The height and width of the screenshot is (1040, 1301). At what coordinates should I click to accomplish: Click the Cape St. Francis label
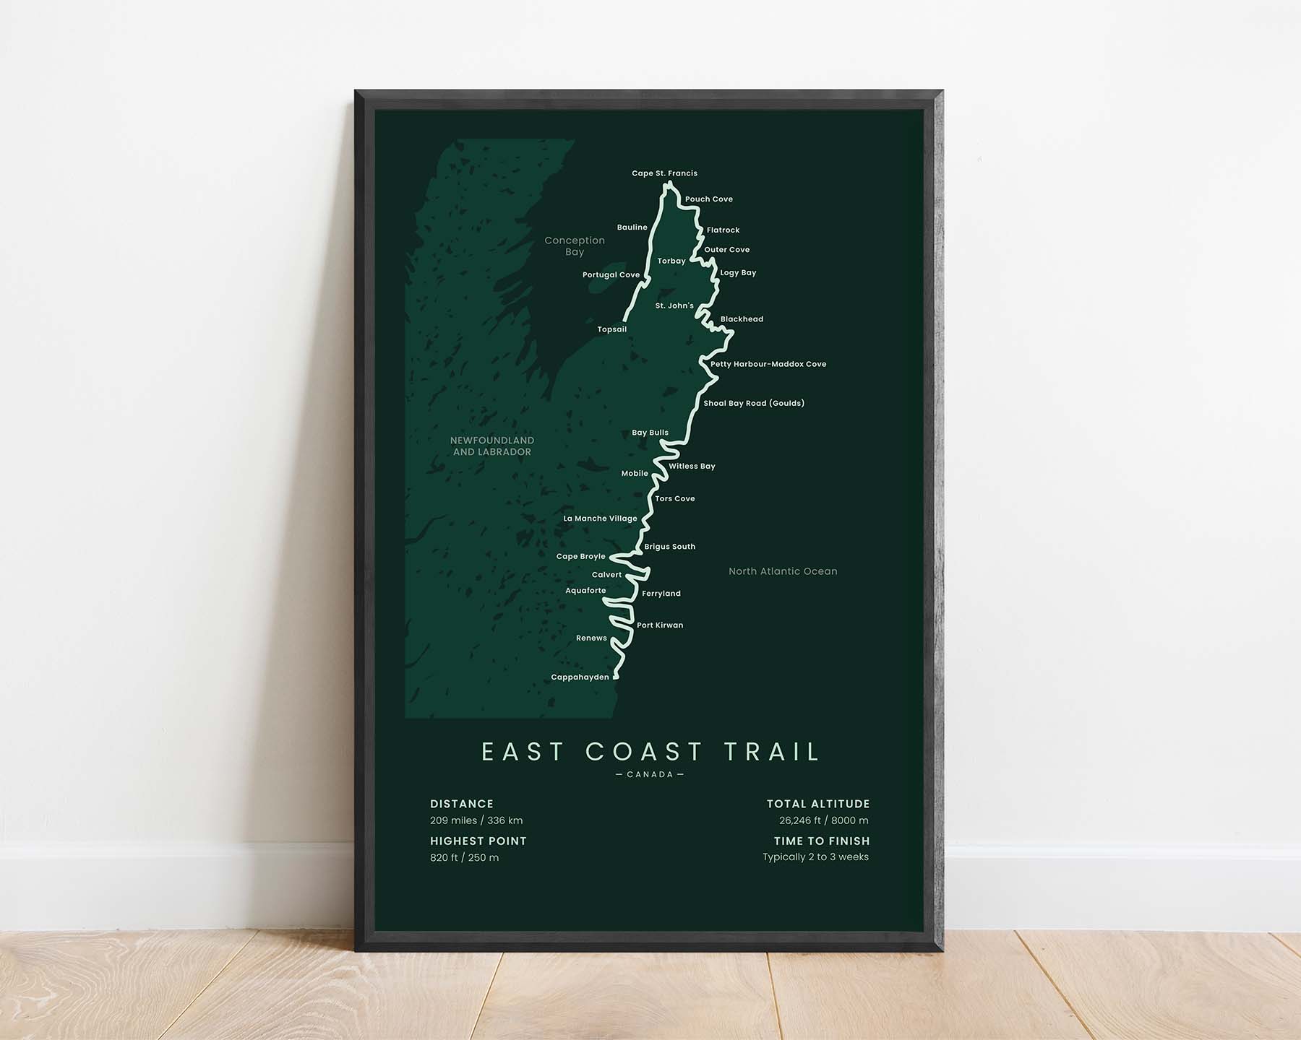click(x=664, y=173)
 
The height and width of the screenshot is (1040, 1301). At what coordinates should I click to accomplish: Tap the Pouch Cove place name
click(x=708, y=199)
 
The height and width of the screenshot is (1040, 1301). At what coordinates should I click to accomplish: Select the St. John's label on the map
click(x=674, y=305)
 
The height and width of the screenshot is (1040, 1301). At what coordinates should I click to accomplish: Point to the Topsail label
click(x=611, y=329)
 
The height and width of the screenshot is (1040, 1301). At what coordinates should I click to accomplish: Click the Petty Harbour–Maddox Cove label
click(x=768, y=364)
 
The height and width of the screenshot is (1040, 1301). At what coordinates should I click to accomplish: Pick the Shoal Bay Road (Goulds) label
click(x=753, y=403)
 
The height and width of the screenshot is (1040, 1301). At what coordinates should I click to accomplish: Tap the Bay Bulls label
click(x=650, y=433)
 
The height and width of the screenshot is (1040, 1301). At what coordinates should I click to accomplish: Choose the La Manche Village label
click(x=600, y=519)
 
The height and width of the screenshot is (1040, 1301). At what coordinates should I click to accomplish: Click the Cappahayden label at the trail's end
click(x=580, y=677)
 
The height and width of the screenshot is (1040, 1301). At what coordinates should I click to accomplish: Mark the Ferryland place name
click(x=661, y=594)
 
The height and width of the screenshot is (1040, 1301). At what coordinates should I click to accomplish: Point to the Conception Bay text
click(x=575, y=246)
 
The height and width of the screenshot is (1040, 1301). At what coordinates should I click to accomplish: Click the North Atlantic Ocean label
click(x=783, y=571)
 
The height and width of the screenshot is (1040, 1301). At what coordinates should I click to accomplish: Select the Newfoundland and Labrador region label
click(x=492, y=446)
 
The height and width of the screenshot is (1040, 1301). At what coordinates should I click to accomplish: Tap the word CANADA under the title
click(x=650, y=775)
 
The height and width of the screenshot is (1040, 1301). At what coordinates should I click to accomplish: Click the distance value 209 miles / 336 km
click(x=476, y=820)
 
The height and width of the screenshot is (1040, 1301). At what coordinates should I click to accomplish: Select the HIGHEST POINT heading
click(x=478, y=841)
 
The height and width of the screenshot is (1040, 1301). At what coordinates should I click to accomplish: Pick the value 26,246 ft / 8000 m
click(x=823, y=820)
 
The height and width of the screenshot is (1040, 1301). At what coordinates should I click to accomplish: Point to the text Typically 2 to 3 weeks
click(x=815, y=857)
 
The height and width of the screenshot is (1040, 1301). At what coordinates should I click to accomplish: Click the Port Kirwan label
click(x=659, y=625)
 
